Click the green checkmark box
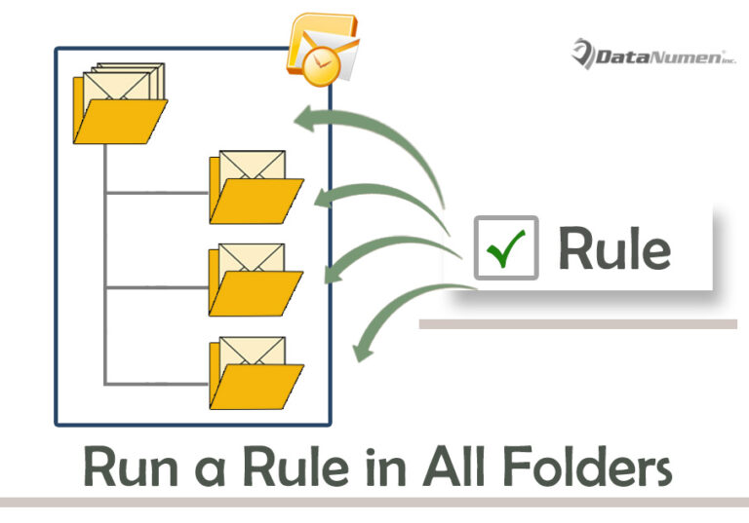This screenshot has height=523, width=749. (505, 247)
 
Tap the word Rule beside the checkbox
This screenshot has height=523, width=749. (613, 248)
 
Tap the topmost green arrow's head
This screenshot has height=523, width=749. (309, 120)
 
